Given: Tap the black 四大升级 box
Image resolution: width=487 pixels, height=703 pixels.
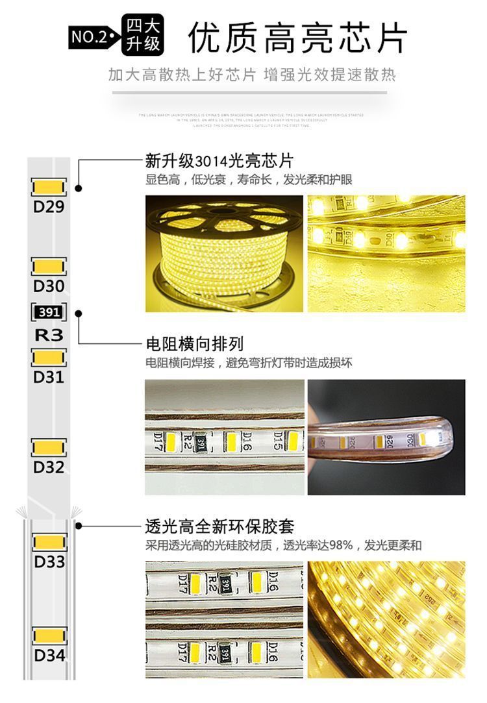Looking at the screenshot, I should [143, 36].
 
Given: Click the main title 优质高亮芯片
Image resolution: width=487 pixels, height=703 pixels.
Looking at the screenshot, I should [298, 38].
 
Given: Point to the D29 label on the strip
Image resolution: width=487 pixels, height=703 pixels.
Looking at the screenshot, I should [49, 207].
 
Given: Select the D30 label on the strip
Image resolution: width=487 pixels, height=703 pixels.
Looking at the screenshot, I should [49, 286].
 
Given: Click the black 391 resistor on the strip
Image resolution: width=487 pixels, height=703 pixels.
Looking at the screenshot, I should [49, 312].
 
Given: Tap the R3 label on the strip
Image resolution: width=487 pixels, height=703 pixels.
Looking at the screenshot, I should [49, 335].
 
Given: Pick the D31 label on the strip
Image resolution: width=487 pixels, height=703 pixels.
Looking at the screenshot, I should [49, 376].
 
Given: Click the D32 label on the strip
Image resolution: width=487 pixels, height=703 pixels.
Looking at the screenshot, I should [49, 467].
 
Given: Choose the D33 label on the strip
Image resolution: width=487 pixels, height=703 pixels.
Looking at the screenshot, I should [49, 561].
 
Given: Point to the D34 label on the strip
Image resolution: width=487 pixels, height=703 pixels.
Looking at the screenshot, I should [49, 655].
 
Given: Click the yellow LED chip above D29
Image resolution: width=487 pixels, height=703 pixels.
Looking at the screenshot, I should [49, 188].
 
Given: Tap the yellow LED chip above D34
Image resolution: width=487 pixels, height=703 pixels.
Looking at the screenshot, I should [49, 635].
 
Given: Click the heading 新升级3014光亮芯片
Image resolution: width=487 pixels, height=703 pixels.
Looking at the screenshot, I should [219, 160].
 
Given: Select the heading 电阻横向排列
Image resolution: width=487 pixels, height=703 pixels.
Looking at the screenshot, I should [194, 344].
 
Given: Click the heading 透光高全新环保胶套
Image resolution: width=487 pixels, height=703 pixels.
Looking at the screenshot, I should [219, 526].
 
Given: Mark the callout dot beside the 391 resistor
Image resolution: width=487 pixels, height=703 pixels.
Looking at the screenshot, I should [79, 313].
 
